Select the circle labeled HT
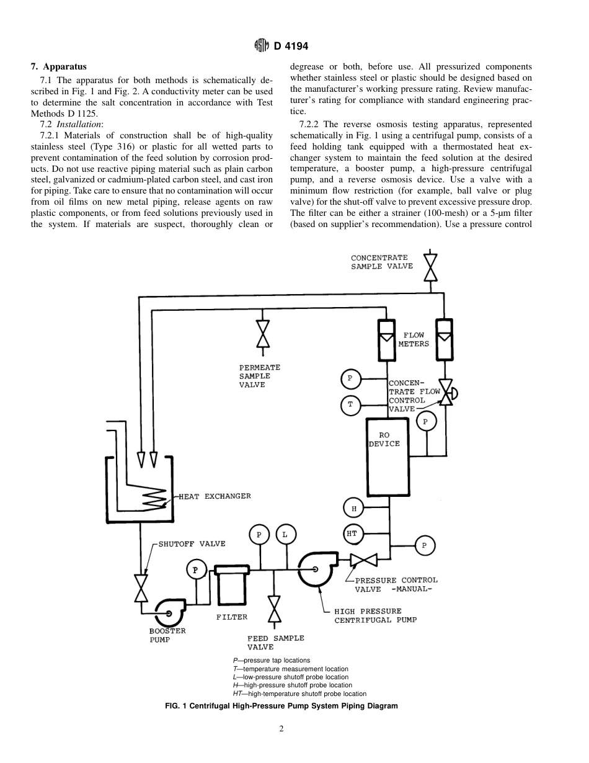pos(352,533)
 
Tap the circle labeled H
pos(353,509)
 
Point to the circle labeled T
pos(350,405)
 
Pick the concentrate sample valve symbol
pos(428,267)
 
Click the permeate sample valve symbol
pos(263,334)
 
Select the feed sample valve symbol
pos(273,609)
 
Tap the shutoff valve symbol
pos(142,588)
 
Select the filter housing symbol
pos(231,585)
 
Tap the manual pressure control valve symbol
pos(363,560)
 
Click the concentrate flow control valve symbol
pos(445,393)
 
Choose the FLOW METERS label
pos(414,339)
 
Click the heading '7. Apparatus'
pos(59,66)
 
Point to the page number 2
pos(281,729)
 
